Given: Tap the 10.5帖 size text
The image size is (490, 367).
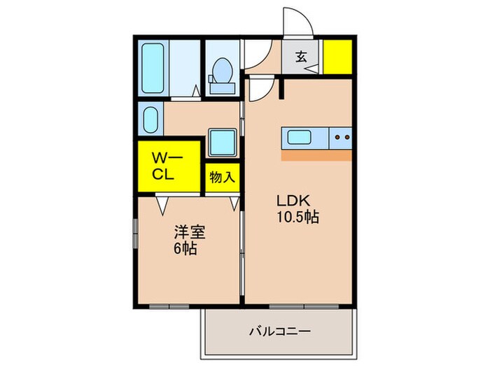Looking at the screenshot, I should click(x=297, y=217).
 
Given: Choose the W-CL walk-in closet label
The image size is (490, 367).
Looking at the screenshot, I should click(x=168, y=166).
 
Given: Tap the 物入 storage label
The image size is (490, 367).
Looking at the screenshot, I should click(x=222, y=177).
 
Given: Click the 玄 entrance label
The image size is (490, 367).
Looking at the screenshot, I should click(x=300, y=57).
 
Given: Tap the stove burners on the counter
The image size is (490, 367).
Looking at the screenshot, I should click(x=342, y=138).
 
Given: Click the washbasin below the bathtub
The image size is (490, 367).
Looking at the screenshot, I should click(x=150, y=119).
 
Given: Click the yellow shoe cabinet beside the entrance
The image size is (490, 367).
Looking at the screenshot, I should click(x=336, y=57).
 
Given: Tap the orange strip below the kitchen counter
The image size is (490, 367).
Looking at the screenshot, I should click(x=316, y=155).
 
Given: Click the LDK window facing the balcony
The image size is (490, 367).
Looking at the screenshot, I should click(x=304, y=306).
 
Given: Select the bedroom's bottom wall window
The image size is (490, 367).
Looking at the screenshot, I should click(x=169, y=306).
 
